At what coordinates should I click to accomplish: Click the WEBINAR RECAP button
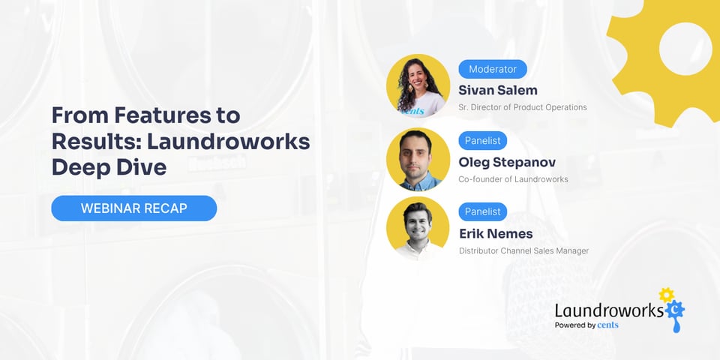click(133, 208)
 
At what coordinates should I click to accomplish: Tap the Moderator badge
click(493, 69)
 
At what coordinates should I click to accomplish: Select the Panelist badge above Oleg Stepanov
click(482, 140)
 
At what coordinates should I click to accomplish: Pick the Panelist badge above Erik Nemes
click(482, 211)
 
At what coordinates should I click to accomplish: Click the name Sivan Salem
click(498, 90)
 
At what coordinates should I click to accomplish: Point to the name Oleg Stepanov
click(506, 161)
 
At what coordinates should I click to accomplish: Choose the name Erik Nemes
click(496, 232)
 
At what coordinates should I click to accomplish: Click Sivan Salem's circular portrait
click(418, 85)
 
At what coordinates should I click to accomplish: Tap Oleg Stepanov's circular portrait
click(418, 159)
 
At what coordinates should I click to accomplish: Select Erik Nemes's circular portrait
click(418, 228)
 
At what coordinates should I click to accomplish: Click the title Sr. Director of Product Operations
click(522, 107)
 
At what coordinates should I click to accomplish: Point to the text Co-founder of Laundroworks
click(513, 178)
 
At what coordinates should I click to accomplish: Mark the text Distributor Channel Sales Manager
click(523, 250)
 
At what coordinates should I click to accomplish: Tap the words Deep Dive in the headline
click(109, 166)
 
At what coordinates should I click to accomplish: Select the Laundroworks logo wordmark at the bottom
click(608, 310)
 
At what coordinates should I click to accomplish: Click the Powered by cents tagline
click(586, 325)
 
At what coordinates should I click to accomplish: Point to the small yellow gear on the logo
click(666, 295)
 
